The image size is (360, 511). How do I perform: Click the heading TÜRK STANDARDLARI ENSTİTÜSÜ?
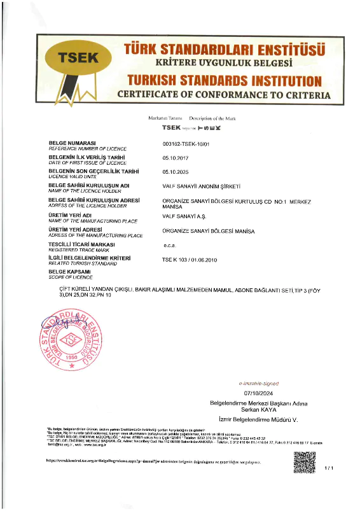225,49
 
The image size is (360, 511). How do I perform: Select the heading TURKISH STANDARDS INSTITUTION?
225,81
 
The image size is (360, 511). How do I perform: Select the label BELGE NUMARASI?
72,143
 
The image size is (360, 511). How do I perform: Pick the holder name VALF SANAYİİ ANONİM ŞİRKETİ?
202,186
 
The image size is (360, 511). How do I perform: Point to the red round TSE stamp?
71,339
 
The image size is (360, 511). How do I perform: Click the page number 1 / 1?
329,468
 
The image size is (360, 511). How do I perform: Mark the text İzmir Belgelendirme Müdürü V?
254,421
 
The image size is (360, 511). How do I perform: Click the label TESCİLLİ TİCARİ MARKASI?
82,244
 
